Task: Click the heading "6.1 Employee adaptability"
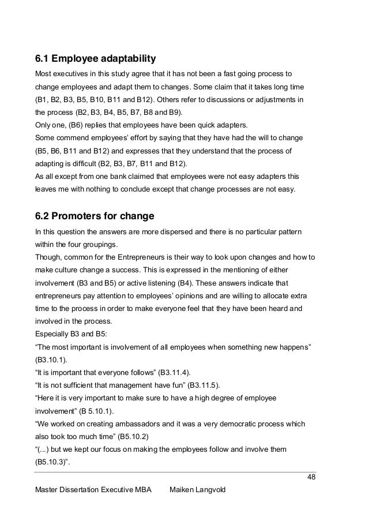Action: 96,59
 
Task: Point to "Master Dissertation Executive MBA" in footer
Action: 93,490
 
